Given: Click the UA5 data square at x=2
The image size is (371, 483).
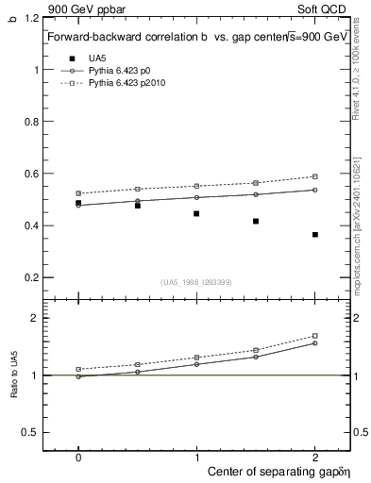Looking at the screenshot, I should (314, 234).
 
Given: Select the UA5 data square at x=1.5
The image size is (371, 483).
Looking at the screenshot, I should (256, 221).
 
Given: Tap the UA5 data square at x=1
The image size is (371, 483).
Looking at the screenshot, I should (196, 213).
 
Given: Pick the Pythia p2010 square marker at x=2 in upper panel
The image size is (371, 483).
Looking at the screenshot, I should (314, 176).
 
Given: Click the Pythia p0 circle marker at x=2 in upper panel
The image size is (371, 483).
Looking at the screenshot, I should (314, 190).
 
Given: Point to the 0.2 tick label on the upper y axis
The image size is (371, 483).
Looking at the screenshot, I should (30, 277).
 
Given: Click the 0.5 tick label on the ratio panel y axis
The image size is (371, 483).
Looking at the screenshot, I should (30, 432).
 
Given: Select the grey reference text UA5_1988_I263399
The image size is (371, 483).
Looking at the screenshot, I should (196, 282).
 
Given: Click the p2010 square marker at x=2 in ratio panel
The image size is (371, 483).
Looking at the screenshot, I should (314, 336).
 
